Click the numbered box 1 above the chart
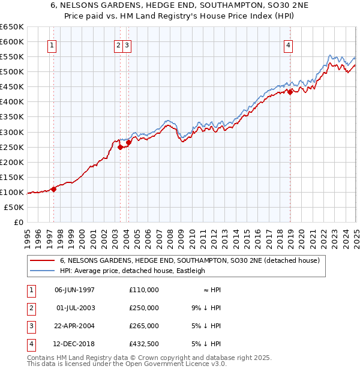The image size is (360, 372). (x=52, y=46)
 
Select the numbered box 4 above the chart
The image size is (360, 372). (x=289, y=46)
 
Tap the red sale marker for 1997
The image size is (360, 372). (x=54, y=188)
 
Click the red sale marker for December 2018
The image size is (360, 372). (x=290, y=92)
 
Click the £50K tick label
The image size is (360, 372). (x=14, y=207)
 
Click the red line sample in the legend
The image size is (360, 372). (x=42, y=261)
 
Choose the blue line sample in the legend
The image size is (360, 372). (x=42, y=271)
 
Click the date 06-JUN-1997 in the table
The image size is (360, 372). (x=74, y=290)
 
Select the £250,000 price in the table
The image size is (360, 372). (x=144, y=308)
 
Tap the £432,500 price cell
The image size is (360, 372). (x=144, y=344)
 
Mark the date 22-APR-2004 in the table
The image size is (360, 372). (x=74, y=326)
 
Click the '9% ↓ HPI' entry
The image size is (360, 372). (x=206, y=308)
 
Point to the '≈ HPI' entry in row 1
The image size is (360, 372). (x=212, y=290)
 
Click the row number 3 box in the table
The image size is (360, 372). (x=31, y=326)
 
